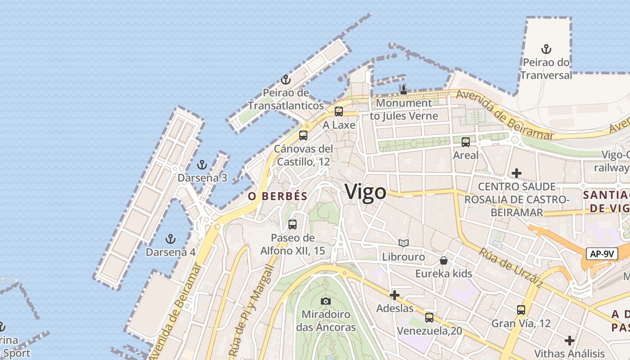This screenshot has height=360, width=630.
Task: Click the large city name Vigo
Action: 365,192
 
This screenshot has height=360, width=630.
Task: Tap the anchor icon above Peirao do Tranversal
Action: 546,49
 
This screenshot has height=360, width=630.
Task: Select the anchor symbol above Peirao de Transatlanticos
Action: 285,80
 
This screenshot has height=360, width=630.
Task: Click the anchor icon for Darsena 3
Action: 202,164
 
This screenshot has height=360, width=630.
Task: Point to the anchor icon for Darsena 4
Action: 170,238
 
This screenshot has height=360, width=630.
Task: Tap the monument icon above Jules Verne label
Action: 404,90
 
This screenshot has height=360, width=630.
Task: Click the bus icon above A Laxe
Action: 339,111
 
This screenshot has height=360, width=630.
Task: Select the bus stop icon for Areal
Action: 466,142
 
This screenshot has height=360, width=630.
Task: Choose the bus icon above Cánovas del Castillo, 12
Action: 303,135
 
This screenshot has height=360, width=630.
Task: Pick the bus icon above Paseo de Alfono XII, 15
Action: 292,224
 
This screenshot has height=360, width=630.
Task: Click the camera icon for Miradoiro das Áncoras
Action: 326,301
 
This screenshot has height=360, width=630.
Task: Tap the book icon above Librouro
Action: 404,243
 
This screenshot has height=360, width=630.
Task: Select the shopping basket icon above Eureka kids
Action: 444,260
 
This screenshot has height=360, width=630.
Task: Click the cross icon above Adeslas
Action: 395,295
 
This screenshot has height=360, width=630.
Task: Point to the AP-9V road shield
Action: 602,253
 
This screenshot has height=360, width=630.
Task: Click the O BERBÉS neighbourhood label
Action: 278,196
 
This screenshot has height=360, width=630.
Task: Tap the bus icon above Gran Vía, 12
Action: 521,310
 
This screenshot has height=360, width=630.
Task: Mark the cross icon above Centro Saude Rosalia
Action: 517,173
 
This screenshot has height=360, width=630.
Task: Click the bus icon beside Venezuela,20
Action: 429,317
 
